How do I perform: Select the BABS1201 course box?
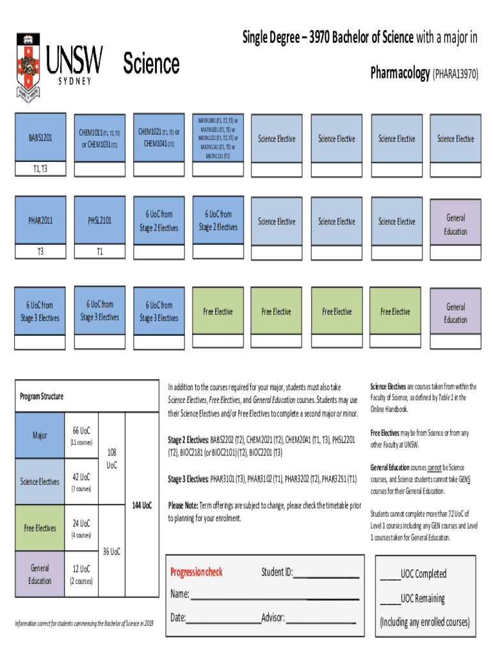point(40,138)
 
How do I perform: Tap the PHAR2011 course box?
point(40,221)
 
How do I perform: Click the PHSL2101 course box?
point(99,221)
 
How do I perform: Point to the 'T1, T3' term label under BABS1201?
point(40,169)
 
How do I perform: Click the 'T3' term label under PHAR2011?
point(40,251)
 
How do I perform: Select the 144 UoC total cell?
point(141,505)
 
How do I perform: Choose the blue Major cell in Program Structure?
point(40,436)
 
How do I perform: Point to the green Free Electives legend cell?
point(40,528)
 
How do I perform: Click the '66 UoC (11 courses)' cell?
point(81,436)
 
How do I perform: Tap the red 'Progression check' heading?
point(197,572)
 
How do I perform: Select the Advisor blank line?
point(320,620)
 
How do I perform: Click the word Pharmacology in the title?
point(400,74)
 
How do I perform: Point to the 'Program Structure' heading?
point(42,397)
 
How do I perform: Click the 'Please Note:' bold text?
point(183,505)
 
